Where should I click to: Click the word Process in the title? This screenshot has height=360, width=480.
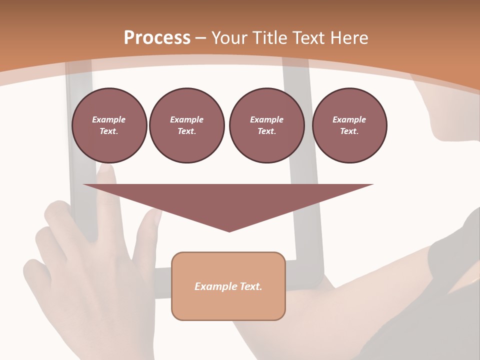click(157, 38)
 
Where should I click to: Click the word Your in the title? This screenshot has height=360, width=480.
click(229, 38)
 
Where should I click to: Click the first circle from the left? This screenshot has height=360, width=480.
click(109, 125)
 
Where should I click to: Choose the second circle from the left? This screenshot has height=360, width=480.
click(186, 125)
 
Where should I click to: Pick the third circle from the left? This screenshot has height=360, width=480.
click(266, 125)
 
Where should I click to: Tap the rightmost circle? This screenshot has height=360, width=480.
click(349, 125)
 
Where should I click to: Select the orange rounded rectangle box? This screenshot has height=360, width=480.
click(228, 286)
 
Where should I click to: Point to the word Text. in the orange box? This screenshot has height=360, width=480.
click(250, 286)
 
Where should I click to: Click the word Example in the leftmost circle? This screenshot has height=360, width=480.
click(109, 119)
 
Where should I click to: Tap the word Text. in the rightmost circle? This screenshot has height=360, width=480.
click(349, 131)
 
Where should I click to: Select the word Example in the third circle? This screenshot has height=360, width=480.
click(266, 119)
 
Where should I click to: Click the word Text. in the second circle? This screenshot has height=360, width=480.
click(186, 131)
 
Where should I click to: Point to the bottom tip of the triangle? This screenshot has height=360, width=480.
click(229, 231)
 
